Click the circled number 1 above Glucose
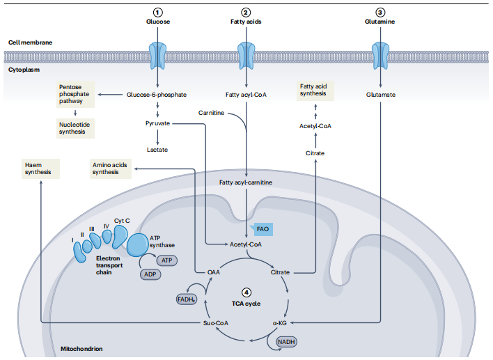coord(158,12)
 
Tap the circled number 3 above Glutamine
coord(379,12)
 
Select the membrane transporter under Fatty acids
coord(246,54)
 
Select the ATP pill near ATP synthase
coord(166,260)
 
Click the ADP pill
coord(149,274)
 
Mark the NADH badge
coord(286,342)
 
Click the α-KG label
coord(280,323)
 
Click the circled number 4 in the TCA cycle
coord(246,293)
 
